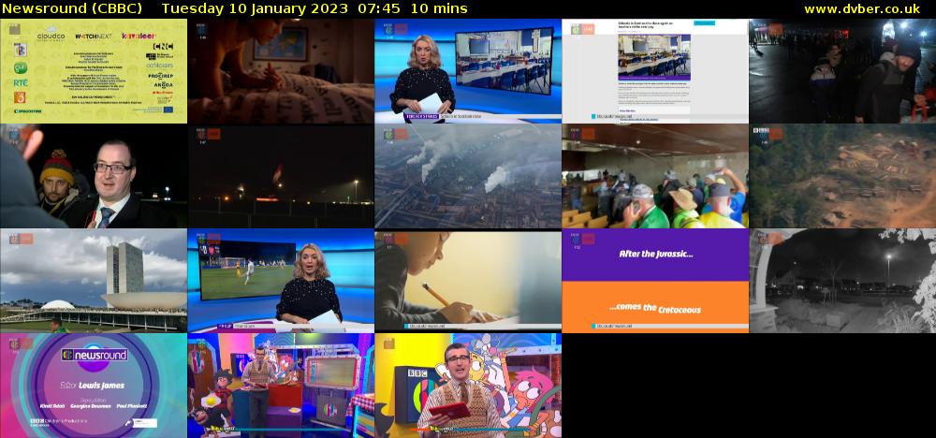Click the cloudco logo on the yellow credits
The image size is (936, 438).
click(51, 37)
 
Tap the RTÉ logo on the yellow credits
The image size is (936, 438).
click(20, 81)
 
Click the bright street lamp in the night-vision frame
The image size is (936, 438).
click(887, 256)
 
